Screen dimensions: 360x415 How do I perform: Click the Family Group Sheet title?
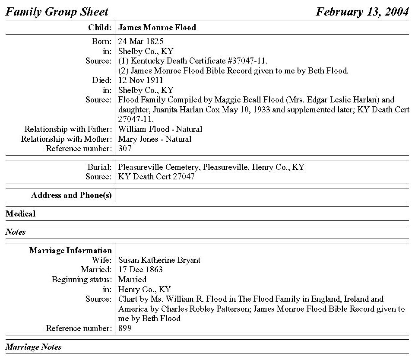(57, 12)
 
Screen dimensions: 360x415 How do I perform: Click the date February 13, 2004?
(362, 12)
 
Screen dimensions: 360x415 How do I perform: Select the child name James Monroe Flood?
(157, 28)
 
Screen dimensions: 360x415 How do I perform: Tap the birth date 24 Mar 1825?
(140, 41)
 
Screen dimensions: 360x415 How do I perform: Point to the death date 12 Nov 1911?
(140, 80)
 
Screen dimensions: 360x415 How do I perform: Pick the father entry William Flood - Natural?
(160, 129)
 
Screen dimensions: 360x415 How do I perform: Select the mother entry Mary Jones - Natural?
(155, 139)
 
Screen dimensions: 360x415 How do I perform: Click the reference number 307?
(125, 149)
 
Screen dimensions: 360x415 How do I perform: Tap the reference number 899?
(125, 328)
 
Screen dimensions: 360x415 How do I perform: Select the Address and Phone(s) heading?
(71, 195)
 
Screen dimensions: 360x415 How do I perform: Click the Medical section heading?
(21, 213)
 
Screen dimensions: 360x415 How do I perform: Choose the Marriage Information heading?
(70, 251)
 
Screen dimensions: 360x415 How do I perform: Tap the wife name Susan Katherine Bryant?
(159, 260)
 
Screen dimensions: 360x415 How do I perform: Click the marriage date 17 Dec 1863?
(140, 270)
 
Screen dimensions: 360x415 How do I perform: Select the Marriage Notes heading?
(34, 347)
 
